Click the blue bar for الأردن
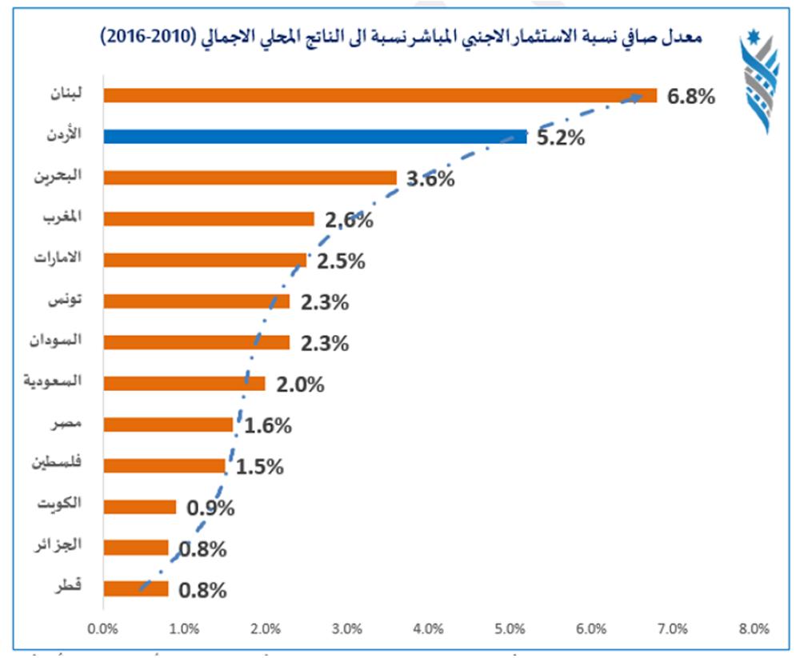[x=315, y=137]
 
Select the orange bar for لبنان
[x=380, y=95]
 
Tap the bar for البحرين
[x=250, y=177]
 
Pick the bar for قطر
[x=136, y=588]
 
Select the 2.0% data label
[x=300, y=385]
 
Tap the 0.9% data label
[x=210, y=508]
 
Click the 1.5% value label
[x=260, y=467]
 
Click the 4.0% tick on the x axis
[x=429, y=628]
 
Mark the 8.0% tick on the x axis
[x=754, y=628]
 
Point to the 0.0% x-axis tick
[x=103, y=628]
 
